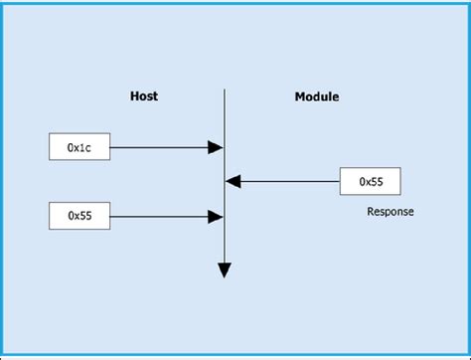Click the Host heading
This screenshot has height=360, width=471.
point(144,96)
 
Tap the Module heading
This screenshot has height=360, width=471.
point(317,96)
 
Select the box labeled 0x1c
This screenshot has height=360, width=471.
point(79,147)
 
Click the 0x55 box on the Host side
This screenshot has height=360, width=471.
point(79,215)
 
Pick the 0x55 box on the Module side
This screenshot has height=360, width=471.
point(371,182)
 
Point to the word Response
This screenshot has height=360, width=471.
point(390,212)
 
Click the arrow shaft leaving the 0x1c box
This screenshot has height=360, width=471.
point(159,147)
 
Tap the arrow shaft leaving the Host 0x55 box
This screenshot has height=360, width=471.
point(159,215)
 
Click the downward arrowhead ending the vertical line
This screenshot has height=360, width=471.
point(225,270)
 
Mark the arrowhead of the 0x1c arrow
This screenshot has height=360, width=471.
point(216,147)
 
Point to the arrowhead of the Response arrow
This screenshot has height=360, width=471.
point(233,182)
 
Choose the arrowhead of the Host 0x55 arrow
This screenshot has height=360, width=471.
point(216,215)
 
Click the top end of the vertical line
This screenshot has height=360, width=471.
point(225,90)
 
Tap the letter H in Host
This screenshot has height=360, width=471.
point(134,96)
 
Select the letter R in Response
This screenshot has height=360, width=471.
point(371,212)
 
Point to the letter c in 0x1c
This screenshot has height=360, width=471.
point(90,147)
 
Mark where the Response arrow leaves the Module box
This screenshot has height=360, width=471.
point(340,182)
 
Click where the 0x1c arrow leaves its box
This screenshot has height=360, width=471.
point(110,147)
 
